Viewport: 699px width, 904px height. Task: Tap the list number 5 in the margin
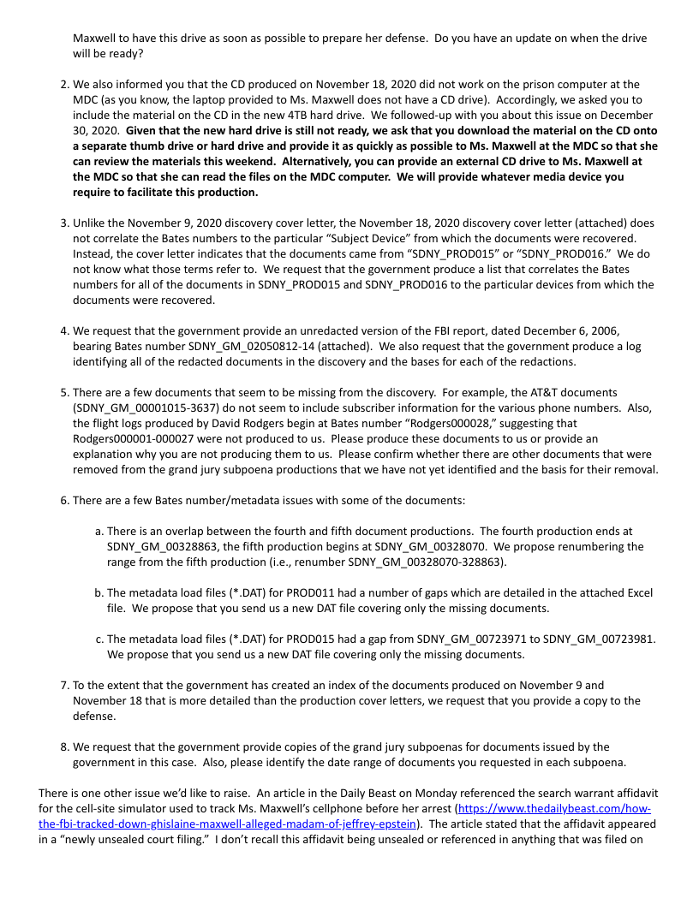click(63, 392)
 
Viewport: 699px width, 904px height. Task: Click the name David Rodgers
click(224, 423)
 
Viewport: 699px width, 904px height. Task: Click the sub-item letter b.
click(99, 592)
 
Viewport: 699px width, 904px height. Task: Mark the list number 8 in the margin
click(63, 746)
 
